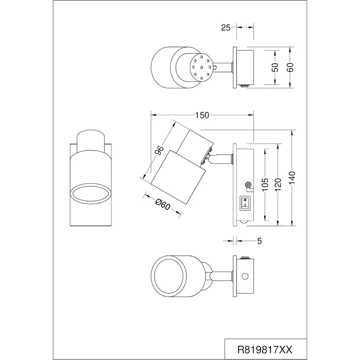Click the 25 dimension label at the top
coord(225,28)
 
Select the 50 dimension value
coord(275,67)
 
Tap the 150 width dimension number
coord(202,115)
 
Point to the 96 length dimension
coord(159,150)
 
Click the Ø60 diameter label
coord(162,204)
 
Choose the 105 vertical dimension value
coord(265,184)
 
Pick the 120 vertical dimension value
coord(278,184)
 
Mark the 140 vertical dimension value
coord(292,178)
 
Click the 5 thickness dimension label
coord(259,241)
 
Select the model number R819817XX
coord(265,350)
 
